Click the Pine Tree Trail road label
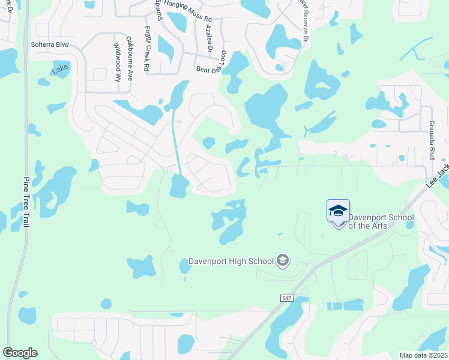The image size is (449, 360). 28,200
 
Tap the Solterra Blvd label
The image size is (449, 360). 50,45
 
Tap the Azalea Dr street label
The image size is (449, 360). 208,39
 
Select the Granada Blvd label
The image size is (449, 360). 431,140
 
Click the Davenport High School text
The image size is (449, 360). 231,261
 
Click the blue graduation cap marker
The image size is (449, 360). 338,211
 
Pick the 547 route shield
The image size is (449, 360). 286,298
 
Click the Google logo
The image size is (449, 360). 20,353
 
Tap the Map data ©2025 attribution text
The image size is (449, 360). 423,355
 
